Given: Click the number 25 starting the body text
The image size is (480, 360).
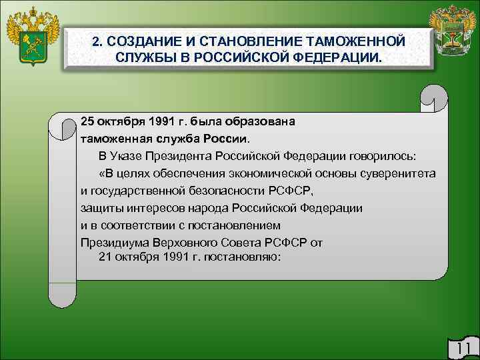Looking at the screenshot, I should click(x=87, y=122).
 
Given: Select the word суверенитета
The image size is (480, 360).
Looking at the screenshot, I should click(x=401, y=173).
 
